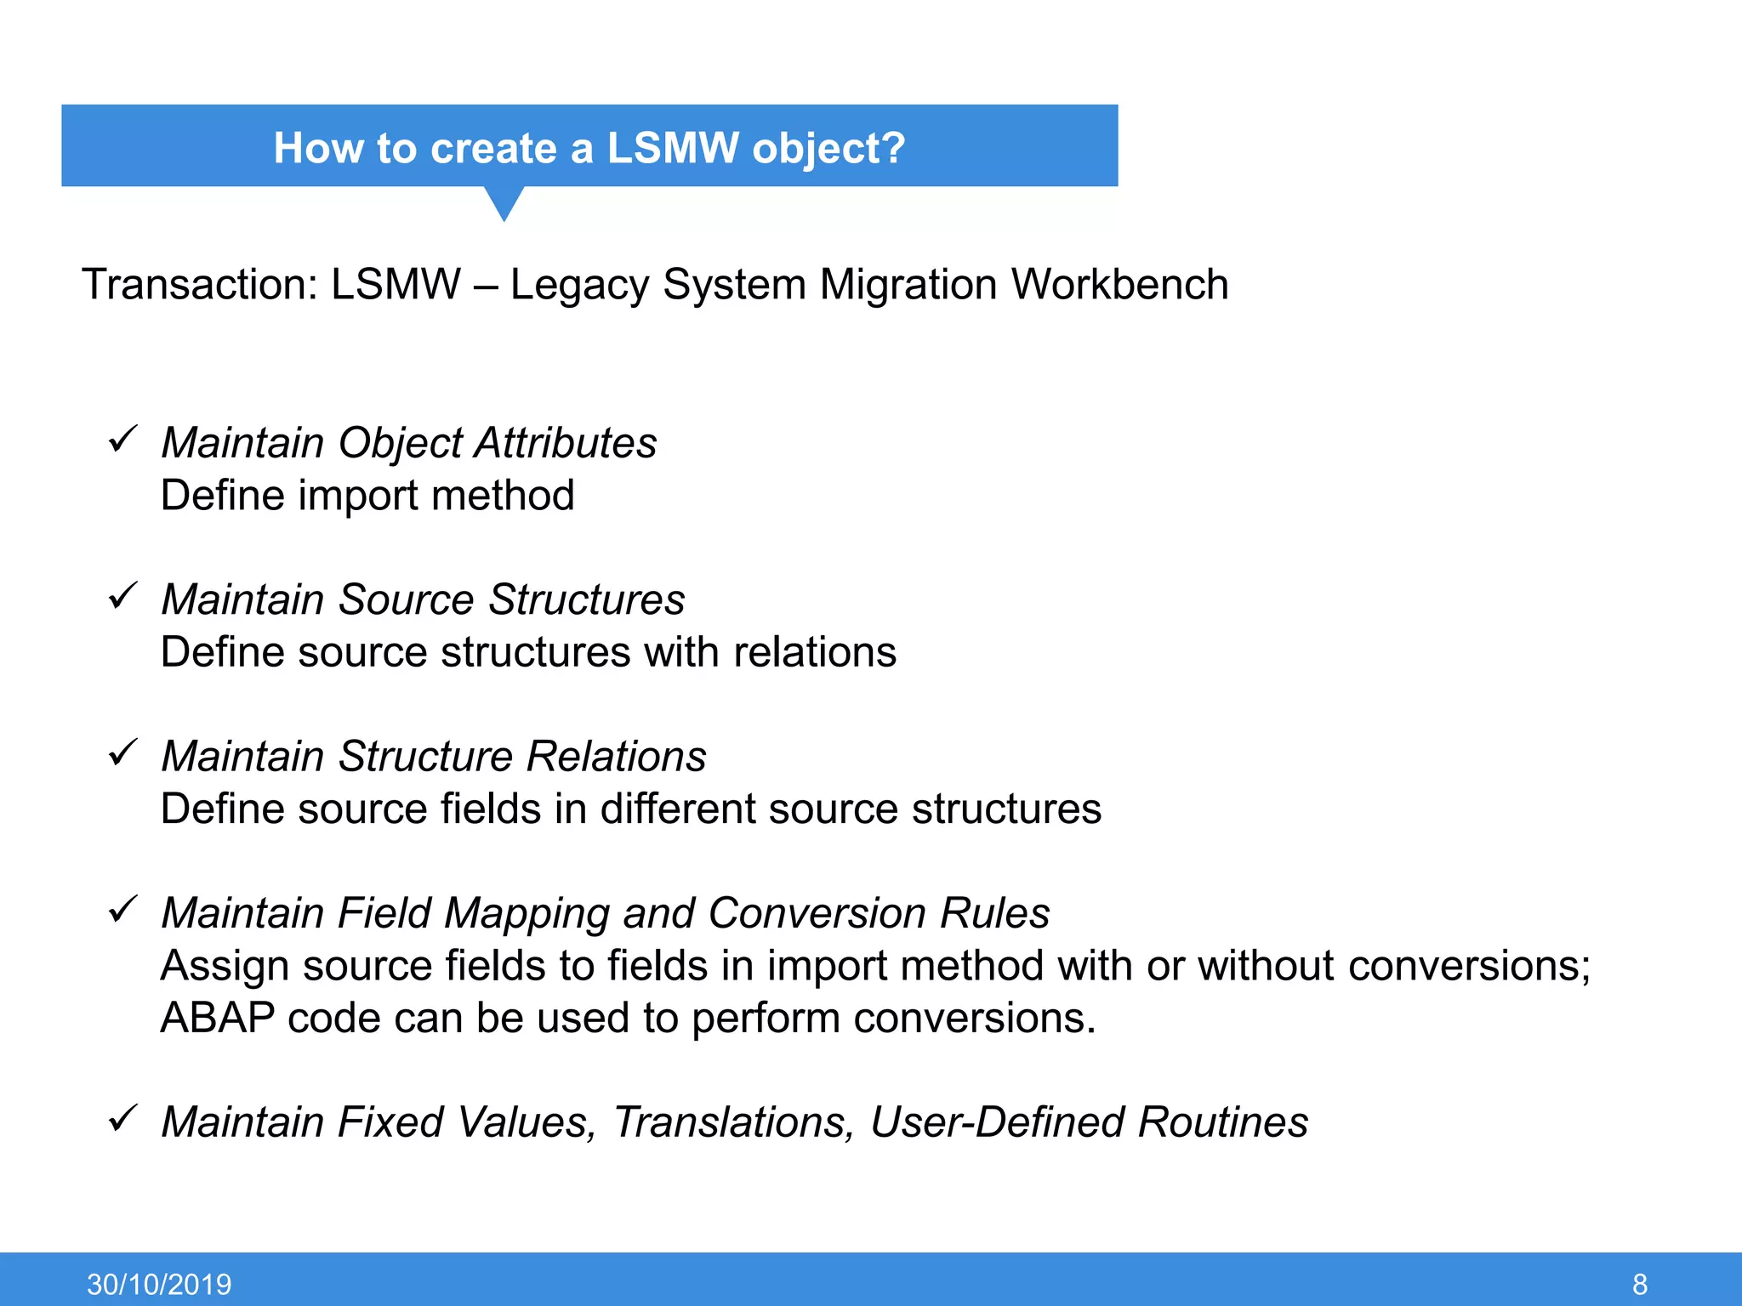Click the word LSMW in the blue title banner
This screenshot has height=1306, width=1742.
coord(672,148)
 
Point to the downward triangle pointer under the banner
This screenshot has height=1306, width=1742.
coord(504,203)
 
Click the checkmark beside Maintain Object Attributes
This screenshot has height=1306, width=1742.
coord(123,440)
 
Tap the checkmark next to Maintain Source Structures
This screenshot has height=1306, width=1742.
coord(123,596)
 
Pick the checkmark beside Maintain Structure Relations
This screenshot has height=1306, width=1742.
coord(123,752)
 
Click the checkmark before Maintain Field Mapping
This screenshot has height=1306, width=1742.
coord(123,910)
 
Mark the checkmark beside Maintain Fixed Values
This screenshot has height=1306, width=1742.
coord(123,1118)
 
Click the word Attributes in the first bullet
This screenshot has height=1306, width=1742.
coord(566,443)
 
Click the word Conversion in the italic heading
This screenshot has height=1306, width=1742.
coord(817,913)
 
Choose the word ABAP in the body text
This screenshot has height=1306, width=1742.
coord(217,1018)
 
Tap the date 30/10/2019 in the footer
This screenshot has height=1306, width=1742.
coord(159,1284)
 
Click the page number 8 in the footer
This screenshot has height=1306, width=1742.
coord(1640,1284)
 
